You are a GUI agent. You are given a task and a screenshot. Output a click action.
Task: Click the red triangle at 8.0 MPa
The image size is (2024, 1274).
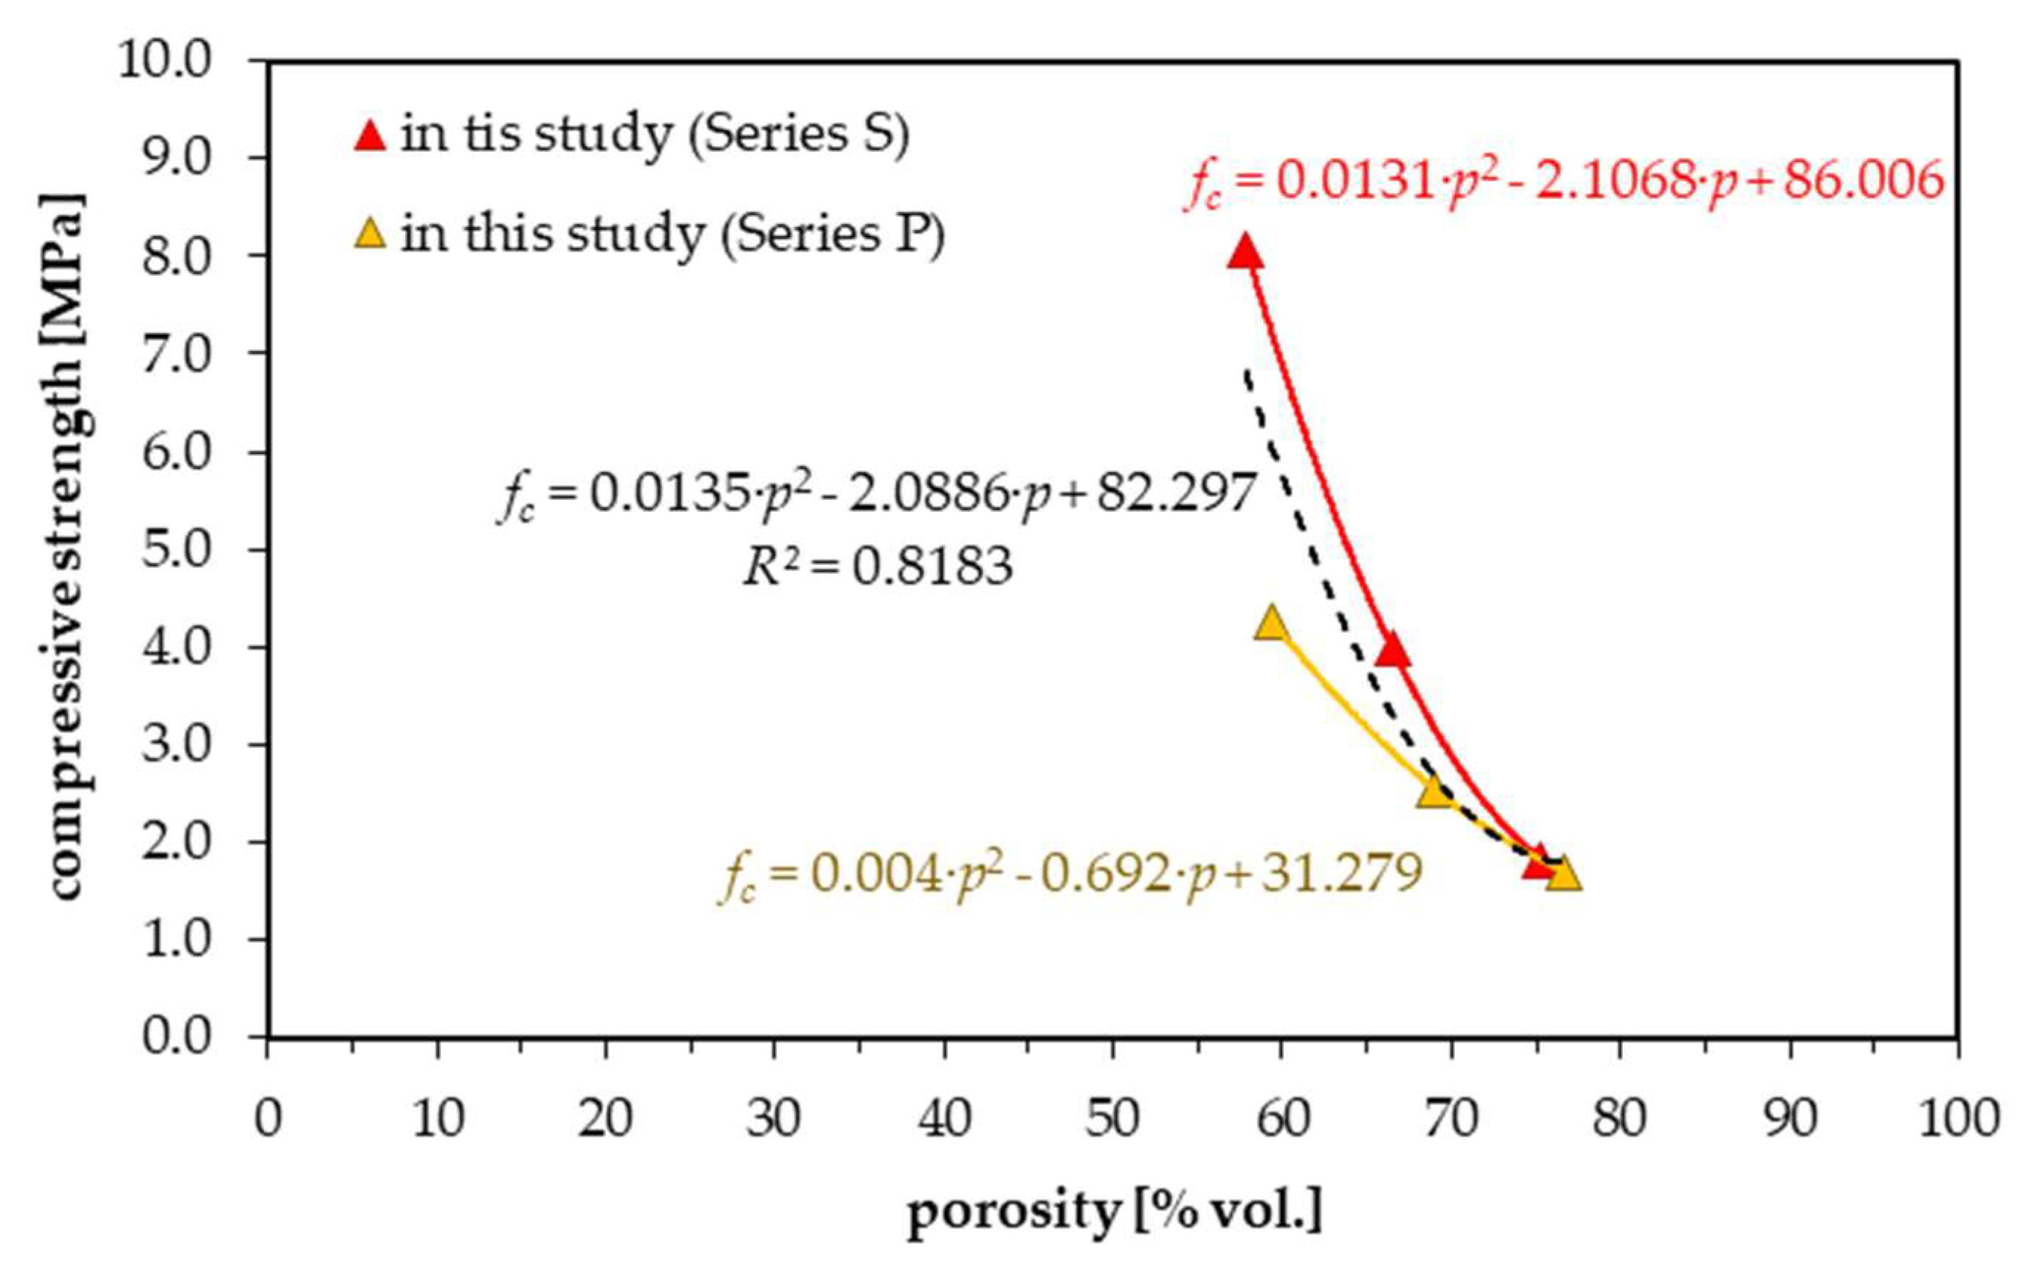[x=1244, y=252]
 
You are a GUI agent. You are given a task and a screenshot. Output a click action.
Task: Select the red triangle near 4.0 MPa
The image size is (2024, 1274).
[x=1393, y=650]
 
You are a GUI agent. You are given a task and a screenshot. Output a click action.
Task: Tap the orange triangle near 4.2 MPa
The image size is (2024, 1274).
[x=1271, y=624]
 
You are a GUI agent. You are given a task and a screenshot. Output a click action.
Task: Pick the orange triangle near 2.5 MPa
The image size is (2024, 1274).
[x=1434, y=790]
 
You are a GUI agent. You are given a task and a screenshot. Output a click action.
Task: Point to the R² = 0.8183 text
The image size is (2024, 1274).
[x=878, y=568]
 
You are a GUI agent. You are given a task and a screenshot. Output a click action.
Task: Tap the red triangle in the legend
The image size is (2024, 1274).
[x=370, y=136]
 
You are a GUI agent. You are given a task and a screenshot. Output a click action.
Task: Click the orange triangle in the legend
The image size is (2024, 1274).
[x=370, y=234]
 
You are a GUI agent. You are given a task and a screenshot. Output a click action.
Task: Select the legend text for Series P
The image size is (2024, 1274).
[x=673, y=234]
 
